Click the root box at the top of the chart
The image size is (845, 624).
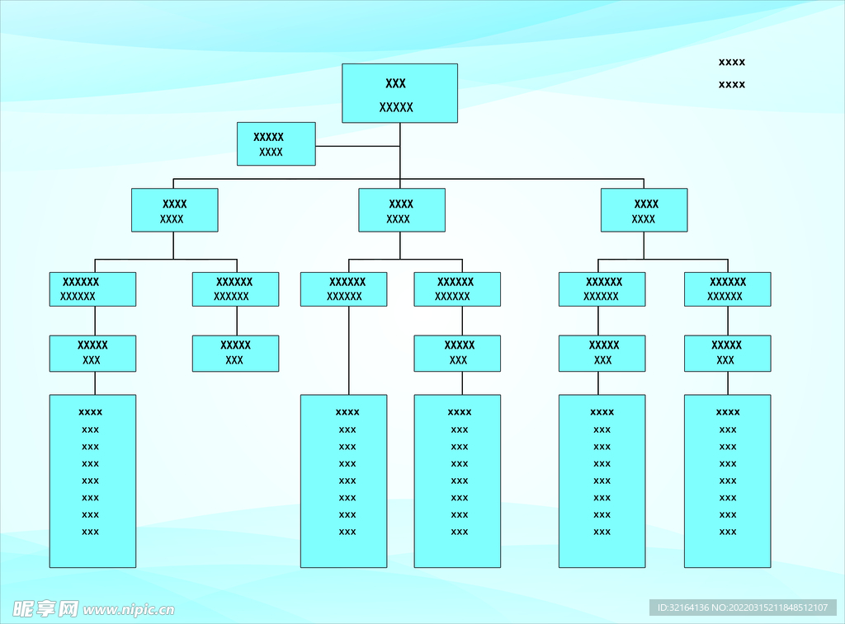tap(399, 93)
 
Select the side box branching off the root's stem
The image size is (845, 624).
tap(276, 143)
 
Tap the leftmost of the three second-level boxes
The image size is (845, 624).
tap(174, 210)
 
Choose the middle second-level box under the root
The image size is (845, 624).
tap(401, 210)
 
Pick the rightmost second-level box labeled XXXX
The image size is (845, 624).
tap(644, 210)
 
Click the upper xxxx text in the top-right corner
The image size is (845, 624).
tap(732, 62)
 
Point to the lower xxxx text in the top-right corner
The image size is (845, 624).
tap(732, 84)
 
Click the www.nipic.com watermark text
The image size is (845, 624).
tap(129, 610)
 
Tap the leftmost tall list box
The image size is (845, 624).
tap(92, 481)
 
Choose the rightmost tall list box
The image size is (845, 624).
tap(727, 481)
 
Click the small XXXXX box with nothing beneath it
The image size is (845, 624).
tap(235, 353)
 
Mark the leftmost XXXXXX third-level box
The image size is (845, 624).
tap(92, 289)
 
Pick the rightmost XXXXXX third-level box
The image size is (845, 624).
tap(727, 289)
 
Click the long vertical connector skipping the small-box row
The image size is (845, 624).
tap(348, 350)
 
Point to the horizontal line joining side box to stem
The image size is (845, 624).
tap(356, 146)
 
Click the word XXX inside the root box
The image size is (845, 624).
tap(395, 83)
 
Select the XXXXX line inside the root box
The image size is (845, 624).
tap(396, 107)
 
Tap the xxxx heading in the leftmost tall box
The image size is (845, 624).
tap(91, 412)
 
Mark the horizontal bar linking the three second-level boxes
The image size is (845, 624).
tap(289, 178)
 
